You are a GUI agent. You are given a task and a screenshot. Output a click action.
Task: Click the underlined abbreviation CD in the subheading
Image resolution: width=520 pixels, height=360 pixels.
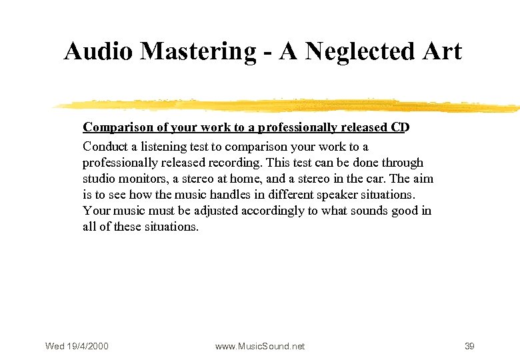coord(399,127)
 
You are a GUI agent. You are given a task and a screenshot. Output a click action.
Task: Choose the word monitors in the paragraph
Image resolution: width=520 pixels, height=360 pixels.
coord(139,179)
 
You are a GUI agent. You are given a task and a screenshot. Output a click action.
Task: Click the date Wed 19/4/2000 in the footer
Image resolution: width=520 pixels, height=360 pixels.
coord(77,346)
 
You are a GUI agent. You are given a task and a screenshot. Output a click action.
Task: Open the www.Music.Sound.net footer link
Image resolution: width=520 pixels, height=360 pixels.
coord(260,346)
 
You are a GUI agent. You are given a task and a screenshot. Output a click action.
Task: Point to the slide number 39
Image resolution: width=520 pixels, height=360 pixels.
coord(469,346)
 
